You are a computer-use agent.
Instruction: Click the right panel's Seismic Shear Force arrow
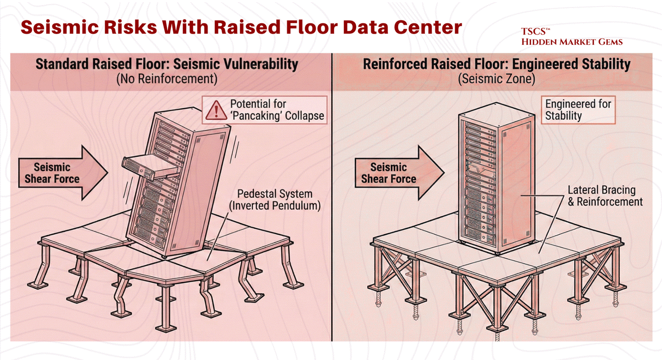point(398,173)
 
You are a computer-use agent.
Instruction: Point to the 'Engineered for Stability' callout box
point(578,110)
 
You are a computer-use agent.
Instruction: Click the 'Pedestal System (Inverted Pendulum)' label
point(275,200)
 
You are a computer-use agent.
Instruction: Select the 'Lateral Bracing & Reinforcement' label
point(605,196)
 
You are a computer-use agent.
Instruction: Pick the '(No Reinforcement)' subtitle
point(167,79)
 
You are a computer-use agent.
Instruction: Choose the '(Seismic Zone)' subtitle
point(496,79)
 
